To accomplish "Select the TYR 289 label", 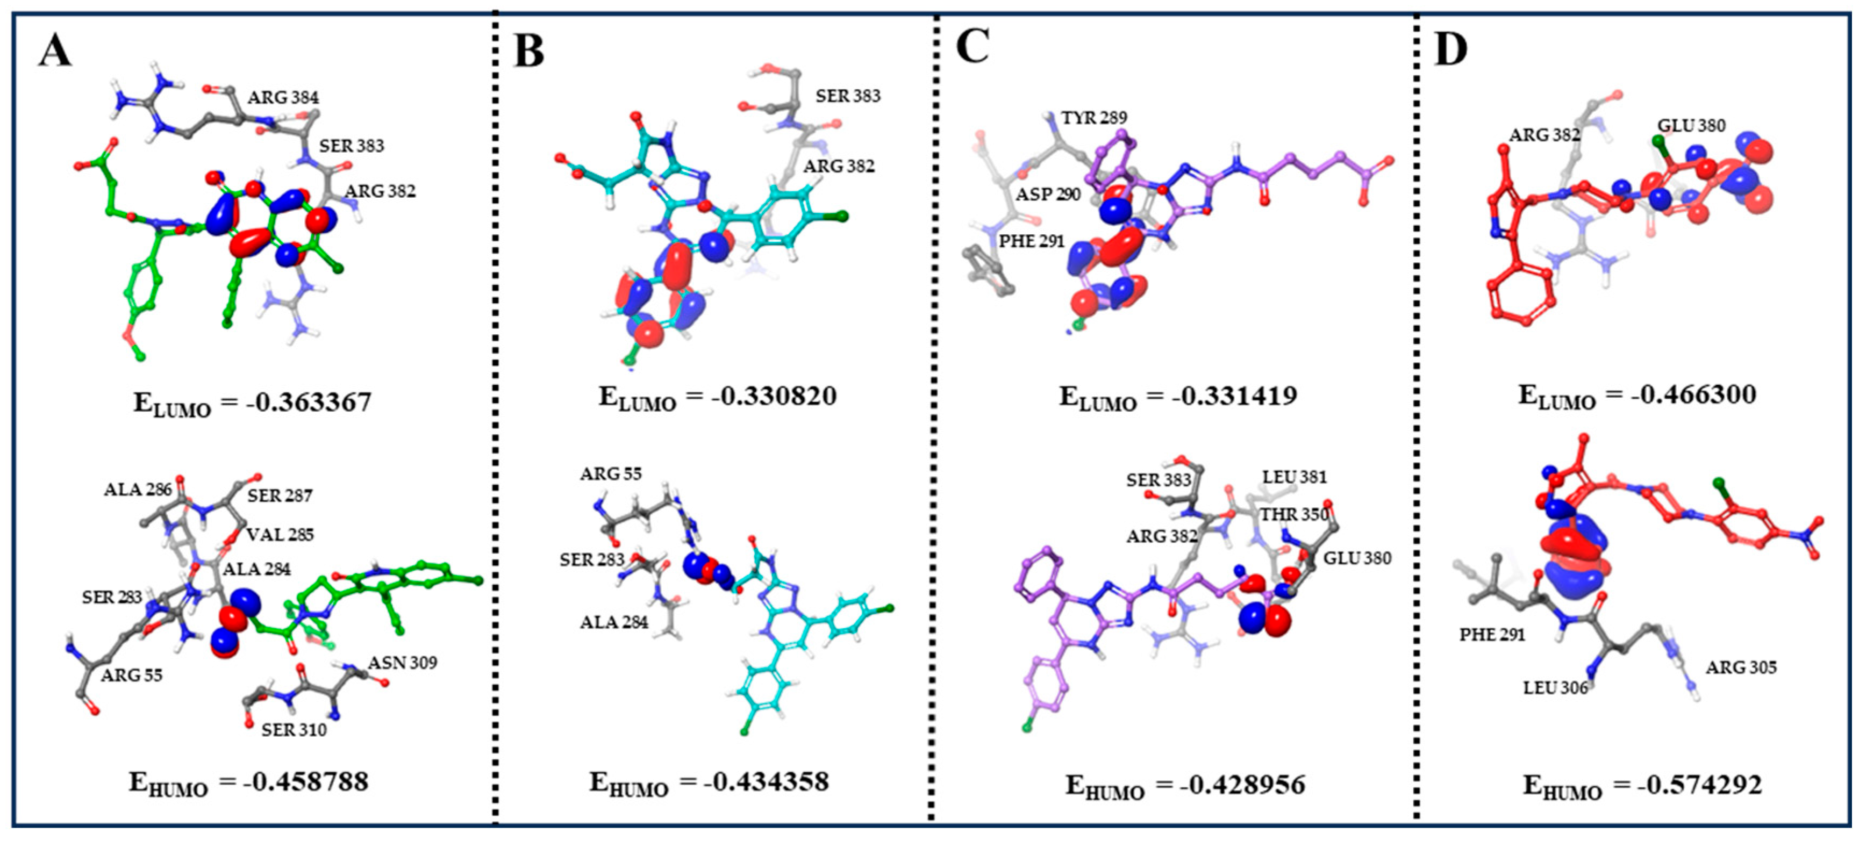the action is [x=1093, y=118].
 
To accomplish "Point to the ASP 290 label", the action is [x=1048, y=195].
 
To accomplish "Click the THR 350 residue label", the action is [x=1293, y=515].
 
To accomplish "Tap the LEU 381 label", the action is [x=1294, y=478].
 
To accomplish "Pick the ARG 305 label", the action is [x=1741, y=668].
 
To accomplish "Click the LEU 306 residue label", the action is [x=1556, y=688].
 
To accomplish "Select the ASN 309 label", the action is [x=403, y=663].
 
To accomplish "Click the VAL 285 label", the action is [x=280, y=535].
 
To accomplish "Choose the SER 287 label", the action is [x=280, y=496].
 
